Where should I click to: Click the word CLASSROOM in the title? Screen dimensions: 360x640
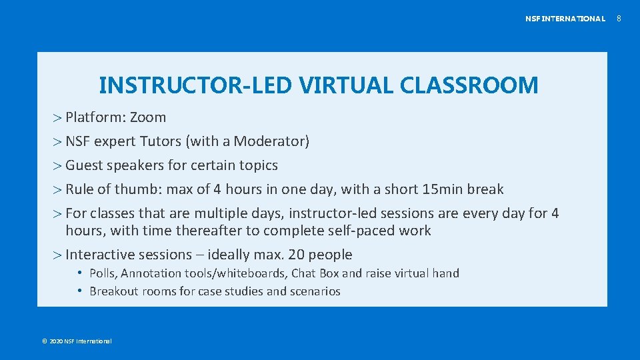(469, 85)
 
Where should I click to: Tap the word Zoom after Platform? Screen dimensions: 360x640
(148, 117)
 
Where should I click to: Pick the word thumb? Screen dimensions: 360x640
(136, 189)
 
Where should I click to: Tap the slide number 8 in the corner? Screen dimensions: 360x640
(618, 19)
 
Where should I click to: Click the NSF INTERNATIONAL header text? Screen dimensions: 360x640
(565, 19)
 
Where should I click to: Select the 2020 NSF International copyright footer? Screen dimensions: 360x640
(77, 341)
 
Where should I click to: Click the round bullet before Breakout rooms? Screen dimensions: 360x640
(79, 291)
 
